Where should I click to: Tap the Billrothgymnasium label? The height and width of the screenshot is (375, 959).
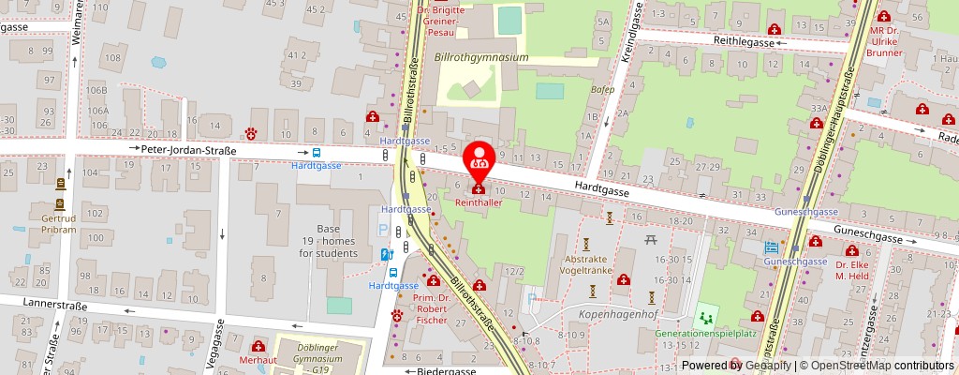click(x=482, y=57)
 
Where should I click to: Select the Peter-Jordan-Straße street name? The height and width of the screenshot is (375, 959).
click(x=188, y=149)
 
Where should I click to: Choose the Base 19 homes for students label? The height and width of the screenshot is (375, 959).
click(x=328, y=241)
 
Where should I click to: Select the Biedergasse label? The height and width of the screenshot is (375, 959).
click(x=446, y=370)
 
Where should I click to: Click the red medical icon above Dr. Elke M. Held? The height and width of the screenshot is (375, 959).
click(x=852, y=251)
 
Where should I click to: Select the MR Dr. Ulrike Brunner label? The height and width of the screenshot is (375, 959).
click(x=883, y=40)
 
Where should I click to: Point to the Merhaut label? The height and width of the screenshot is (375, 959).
click(x=256, y=360)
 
